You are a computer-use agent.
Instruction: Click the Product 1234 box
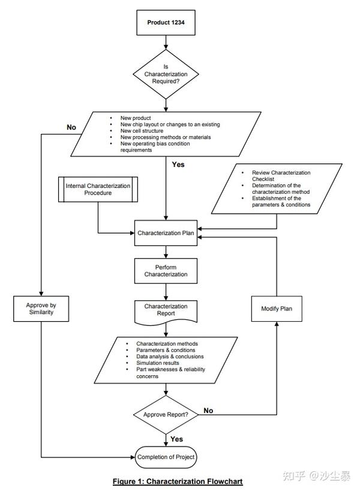pyautogui.click(x=166, y=23)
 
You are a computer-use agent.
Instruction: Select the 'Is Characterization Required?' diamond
pyautogui.click(x=166, y=74)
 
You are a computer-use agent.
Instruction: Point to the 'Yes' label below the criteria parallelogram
pyautogui.click(x=178, y=164)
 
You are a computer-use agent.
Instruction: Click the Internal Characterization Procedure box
pyautogui.click(x=98, y=190)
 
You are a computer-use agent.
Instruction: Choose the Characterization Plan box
pyautogui.click(x=166, y=233)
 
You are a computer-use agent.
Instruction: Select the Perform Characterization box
pyautogui.click(x=166, y=270)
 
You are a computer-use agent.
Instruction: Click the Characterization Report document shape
pyautogui.click(x=166, y=310)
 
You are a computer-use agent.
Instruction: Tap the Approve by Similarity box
pyautogui.click(x=41, y=309)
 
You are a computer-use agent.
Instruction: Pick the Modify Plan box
pyautogui.click(x=277, y=309)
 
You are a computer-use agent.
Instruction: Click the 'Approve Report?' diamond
pyautogui.click(x=166, y=415)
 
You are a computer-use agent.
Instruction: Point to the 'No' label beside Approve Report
pyautogui.click(x=209, y=411)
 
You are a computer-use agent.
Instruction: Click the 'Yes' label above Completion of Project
pyautogui.click(x=177, y=439)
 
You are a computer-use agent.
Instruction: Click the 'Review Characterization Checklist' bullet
pyautogui.click(x=281, y=176)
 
